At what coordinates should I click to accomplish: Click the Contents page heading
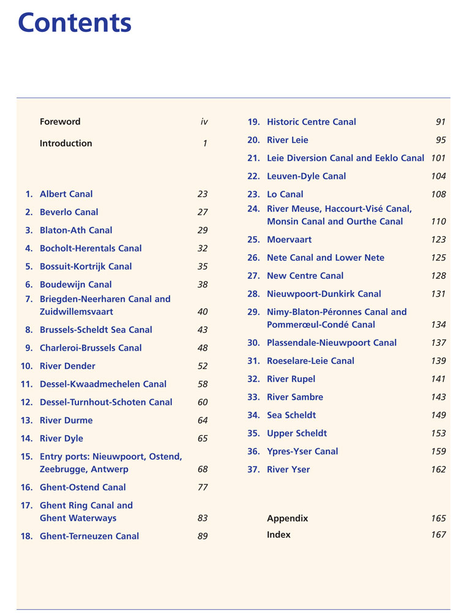pos(75,23)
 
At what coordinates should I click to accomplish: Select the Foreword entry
pos(60,122)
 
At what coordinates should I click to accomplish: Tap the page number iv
pos(204,122)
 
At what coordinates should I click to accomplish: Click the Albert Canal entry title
pos(66,194)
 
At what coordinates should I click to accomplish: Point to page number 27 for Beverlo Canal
pos(203,212)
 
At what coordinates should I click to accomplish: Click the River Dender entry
pos(67,366)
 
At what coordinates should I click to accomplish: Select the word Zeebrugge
pos(63,470)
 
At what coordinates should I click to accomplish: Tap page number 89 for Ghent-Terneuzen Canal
pos(203,536)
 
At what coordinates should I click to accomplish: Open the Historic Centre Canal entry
pos(311,122)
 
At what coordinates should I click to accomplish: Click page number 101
pos(438,158)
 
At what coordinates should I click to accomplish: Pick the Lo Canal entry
pos(285,194)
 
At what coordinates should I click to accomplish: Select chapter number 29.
pos(254,312)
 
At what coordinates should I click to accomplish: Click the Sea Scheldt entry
pos(291,416)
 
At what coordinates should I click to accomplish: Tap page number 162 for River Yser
pos(438,470)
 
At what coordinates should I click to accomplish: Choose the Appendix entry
pos(287,519)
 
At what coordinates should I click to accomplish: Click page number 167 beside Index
pos(438,535)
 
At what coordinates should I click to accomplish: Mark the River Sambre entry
pos(295,397)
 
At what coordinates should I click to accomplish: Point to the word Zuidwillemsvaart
pos(77,311)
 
